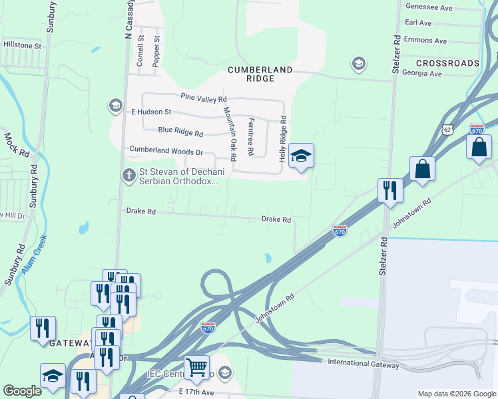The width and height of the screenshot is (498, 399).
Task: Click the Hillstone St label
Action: point(23,47)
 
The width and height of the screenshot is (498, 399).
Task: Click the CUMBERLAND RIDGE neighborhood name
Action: point(260,74)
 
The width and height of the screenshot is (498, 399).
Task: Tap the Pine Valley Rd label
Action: point(204,98)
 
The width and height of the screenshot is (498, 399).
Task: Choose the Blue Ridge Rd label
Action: point(181,130)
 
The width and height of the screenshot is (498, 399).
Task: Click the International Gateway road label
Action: point(364,364)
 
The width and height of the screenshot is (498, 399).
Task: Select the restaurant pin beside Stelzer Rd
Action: point(390,190)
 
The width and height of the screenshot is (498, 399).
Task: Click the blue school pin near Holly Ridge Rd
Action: point(301,156)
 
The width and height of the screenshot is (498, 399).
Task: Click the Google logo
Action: point(22,391)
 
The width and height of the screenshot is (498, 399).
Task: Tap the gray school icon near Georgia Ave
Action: point(358,64)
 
